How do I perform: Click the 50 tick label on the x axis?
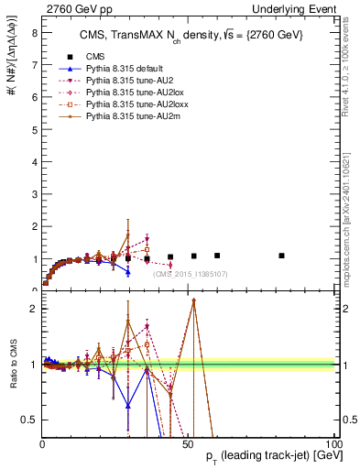click(x=188, y=443)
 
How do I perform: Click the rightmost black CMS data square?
click(x=281, y=256)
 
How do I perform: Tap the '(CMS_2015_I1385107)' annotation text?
click(x=191, y=274)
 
